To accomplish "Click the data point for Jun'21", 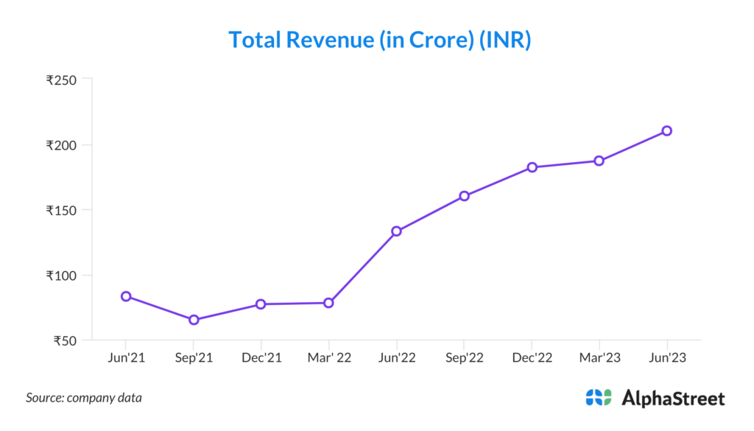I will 126,296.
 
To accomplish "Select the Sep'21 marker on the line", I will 194,320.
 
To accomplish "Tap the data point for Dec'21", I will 261,304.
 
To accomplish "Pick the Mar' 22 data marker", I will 328,303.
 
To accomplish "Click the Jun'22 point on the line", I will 396,231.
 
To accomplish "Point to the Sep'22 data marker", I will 464,196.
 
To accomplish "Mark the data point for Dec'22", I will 532,167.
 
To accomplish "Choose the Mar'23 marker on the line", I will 599,161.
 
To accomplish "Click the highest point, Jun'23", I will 666,130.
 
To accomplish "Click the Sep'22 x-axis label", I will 464,358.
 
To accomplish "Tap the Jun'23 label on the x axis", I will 666,358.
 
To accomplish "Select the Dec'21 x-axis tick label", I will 261,358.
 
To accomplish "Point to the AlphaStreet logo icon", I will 598,398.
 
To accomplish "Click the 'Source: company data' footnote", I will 84,398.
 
